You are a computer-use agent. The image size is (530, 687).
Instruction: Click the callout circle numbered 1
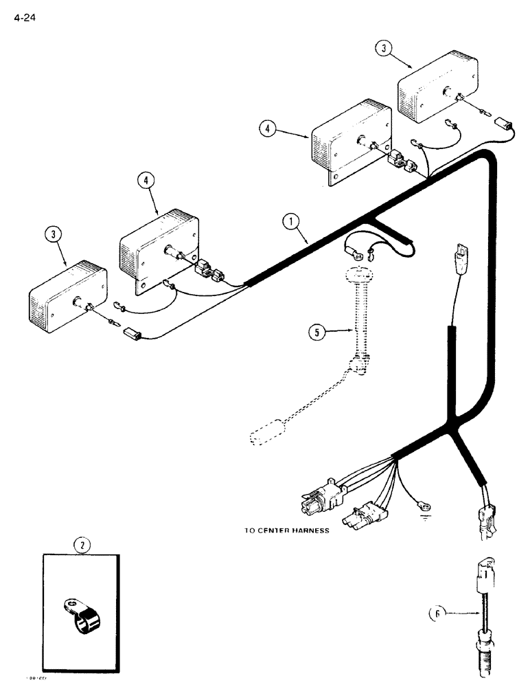(x=291, y=221)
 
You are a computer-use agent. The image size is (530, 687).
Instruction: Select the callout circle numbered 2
(x=82, y=546)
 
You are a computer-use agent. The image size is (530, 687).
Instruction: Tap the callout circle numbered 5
(x=316, y=333)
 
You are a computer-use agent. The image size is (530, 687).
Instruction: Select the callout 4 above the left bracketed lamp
(x=145, y=180)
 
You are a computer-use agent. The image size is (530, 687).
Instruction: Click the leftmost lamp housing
(x=67, y=295)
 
